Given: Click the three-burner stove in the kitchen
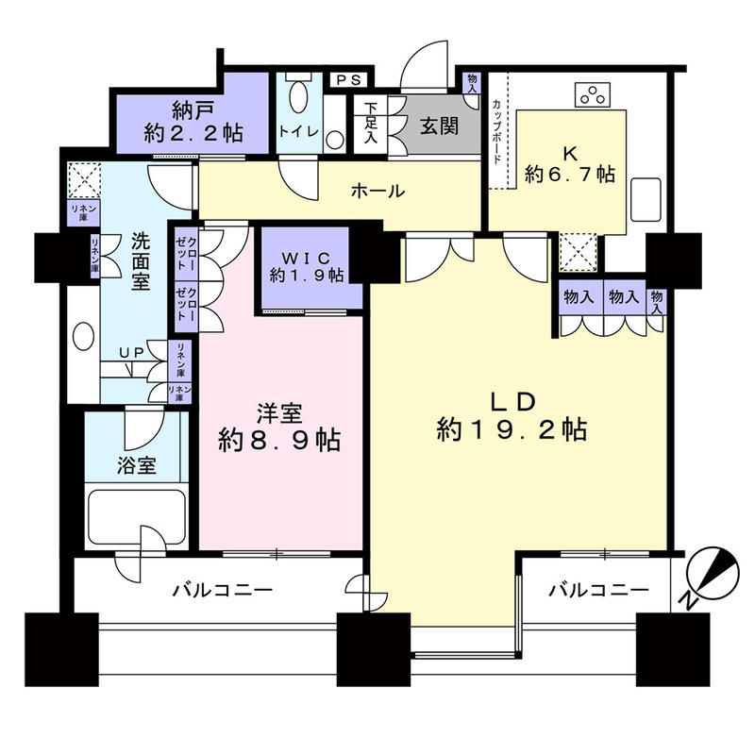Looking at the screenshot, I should click(594, 94).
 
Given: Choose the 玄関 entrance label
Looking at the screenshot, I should click(440, 126).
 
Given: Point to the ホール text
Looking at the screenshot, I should click(377, 192).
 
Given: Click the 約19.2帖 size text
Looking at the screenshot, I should click(512, 430).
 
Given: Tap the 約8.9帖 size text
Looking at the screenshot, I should click(278, 439).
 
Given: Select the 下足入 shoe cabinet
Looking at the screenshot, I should click(371, 124).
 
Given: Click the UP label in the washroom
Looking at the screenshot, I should click(131, 352).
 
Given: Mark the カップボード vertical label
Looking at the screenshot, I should click(497, 132).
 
